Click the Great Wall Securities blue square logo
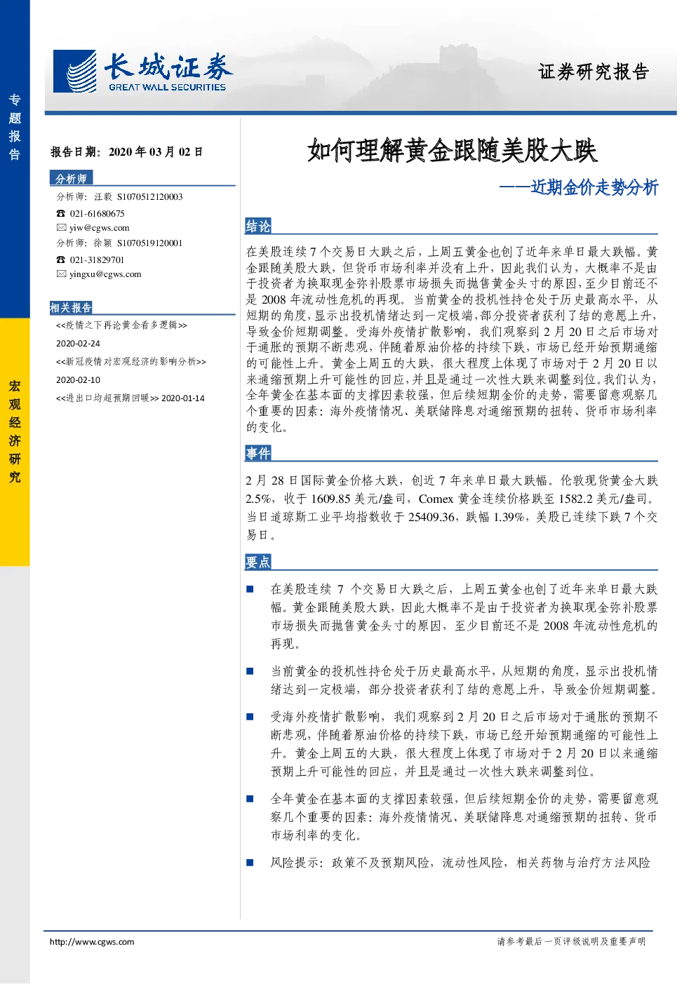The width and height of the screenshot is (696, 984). point(74,71)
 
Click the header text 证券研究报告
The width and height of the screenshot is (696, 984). point(594,72)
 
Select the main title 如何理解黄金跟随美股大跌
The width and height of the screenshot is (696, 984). point(452,151)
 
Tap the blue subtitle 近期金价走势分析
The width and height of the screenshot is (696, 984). point(594,187)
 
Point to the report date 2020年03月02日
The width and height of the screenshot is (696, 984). point(156,152)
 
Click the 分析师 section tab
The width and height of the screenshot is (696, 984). point(71,178)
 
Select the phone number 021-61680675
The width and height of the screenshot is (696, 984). point(97,214)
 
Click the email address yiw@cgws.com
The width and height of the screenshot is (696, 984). point(100,228)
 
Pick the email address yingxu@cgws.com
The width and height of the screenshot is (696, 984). point(105,274)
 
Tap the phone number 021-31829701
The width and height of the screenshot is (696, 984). point(97,260)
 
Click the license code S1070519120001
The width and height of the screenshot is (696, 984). point(149,243)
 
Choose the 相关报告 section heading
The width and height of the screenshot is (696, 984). point(71,308)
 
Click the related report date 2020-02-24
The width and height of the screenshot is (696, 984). point(78,344)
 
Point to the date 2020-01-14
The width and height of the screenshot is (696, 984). point(183,398)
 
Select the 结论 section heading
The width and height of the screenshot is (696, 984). point(258,227)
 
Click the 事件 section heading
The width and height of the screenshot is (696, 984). point(258,453)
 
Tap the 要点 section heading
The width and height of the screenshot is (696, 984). point(258,562)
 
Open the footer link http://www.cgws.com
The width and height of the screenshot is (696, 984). point(92,942)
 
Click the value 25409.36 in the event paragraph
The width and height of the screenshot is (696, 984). point(431,517)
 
